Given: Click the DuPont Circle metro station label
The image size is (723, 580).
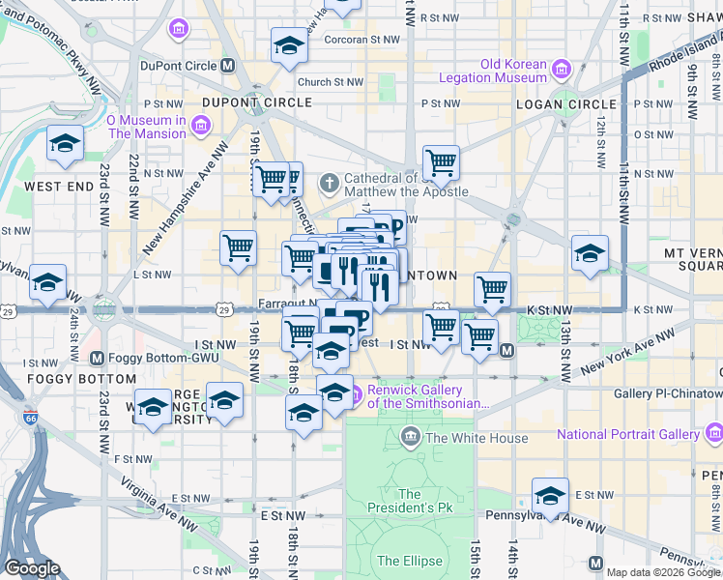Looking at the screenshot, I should click(x=181, y=66).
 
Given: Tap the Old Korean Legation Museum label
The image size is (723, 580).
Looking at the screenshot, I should click(x=493, y=71).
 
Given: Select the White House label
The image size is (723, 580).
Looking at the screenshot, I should click(x=477, y=438).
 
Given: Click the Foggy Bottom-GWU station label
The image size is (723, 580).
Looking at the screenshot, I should click(x=163, y=356).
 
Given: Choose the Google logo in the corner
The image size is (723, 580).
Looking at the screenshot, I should click(x=32, y=568).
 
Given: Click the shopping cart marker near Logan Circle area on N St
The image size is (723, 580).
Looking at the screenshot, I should click(x=441, y=162).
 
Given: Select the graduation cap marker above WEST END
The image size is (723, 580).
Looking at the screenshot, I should click(x=66, y=143).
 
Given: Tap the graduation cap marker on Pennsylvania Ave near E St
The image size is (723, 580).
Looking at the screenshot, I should click(x=550, y=495).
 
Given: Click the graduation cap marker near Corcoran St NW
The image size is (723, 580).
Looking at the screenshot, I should click(x=288, y=44).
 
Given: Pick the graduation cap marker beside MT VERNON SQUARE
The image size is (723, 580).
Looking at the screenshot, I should click(x=590, y=253).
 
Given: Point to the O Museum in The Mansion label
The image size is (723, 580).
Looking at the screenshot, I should click(x=145, y=127).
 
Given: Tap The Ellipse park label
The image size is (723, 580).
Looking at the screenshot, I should click(x=409, y=561).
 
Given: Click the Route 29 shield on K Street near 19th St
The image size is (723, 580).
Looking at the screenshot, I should click(x=223, y=309).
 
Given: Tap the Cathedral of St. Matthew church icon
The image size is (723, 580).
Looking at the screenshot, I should click(x=330, y=182).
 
